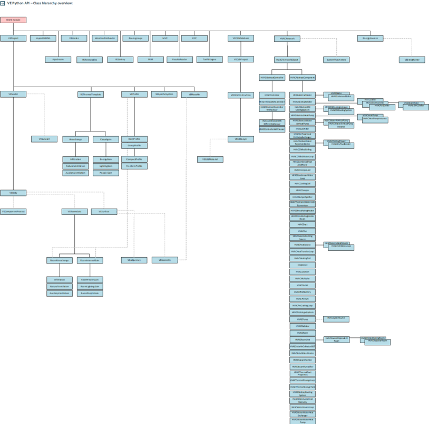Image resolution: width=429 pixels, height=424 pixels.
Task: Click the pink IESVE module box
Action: [13, 20]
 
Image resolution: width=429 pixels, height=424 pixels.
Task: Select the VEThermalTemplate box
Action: [90, 94]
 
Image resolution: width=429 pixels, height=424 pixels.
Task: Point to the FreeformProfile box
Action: [134, 166]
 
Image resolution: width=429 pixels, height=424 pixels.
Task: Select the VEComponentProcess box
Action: [13, 211]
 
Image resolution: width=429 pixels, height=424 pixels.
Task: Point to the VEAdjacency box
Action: [134, 260]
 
